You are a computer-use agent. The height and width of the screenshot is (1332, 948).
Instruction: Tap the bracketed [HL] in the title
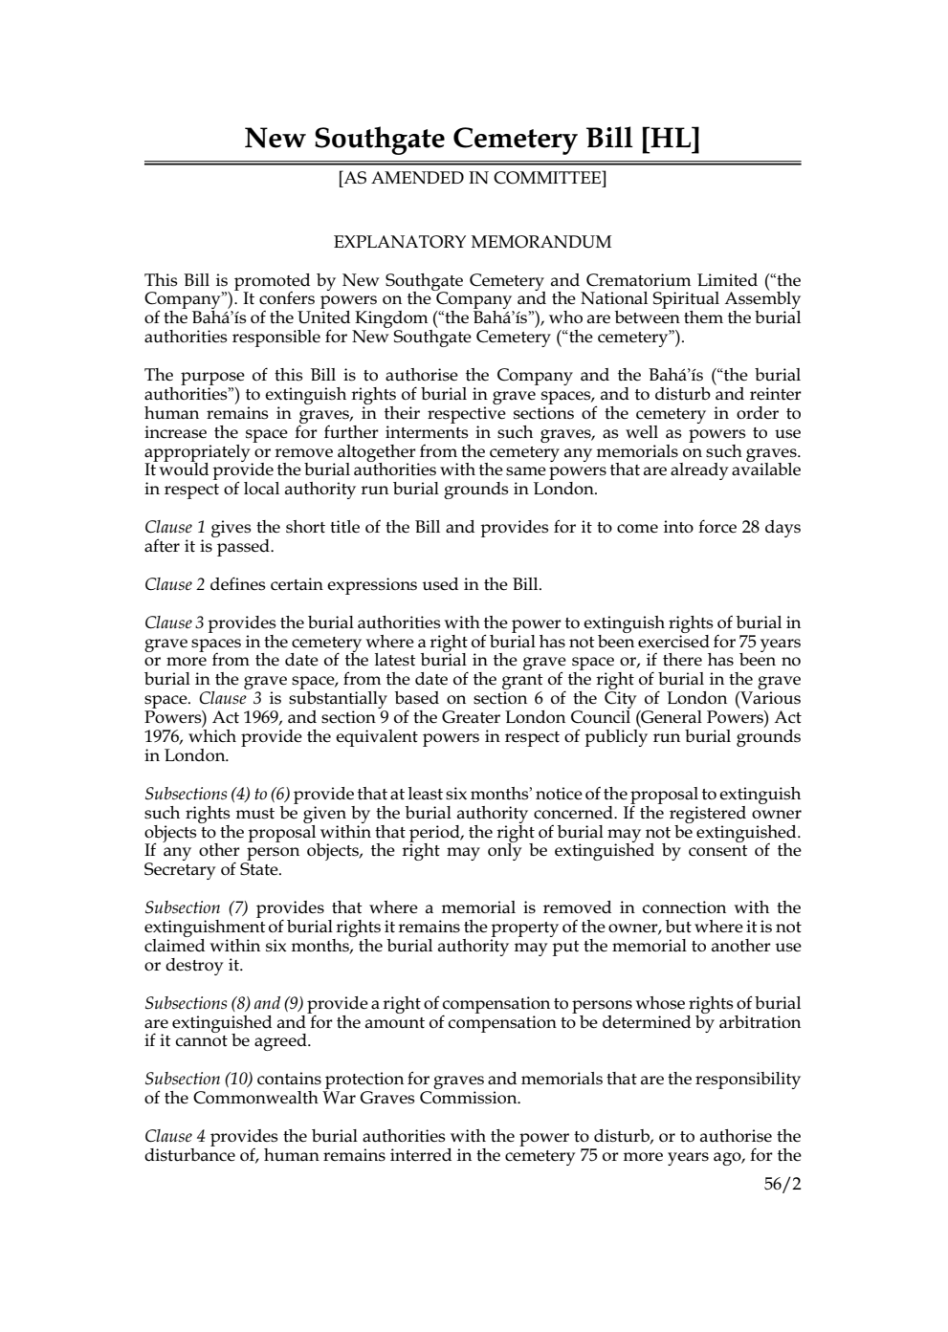coord(669,140)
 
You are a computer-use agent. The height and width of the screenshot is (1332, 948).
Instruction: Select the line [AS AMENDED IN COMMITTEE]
coord(472,178)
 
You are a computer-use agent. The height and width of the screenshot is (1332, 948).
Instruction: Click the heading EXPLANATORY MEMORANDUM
coord(472,242)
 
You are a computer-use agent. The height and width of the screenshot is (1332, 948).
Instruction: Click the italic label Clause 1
coord(175,528)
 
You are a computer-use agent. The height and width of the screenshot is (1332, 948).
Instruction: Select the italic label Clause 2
coord(175,584)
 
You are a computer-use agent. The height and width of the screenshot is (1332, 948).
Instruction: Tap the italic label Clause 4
coord(175,1137)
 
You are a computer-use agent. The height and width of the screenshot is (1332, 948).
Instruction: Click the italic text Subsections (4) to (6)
coord(217,795)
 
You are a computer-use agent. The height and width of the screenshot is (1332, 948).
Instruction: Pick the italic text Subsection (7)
coord(196,908)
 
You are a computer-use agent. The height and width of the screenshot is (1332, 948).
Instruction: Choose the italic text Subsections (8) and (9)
coord(224,1004)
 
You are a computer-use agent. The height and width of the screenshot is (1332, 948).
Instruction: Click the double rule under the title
coord(472,164)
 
